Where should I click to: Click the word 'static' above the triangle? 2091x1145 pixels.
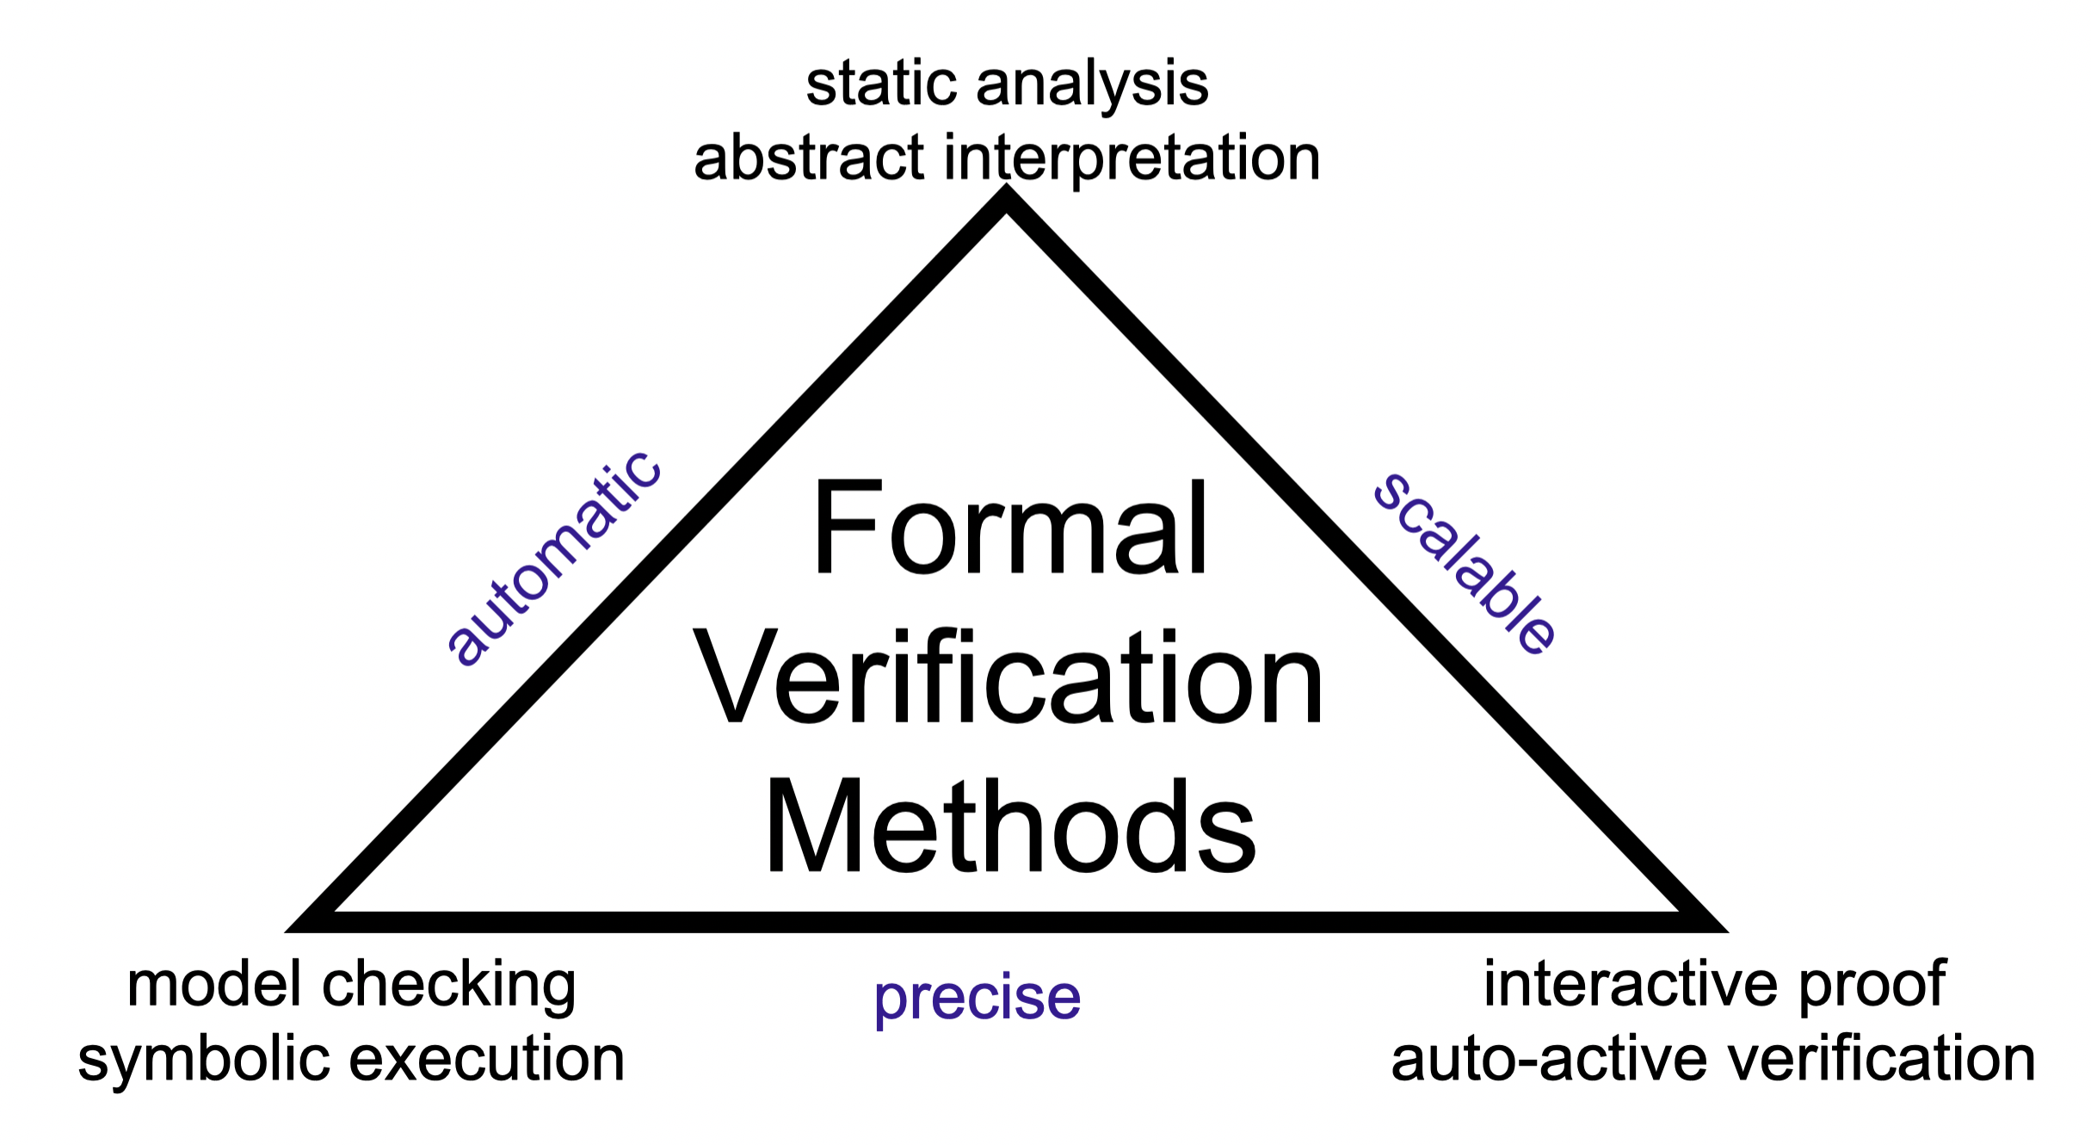point(882,84)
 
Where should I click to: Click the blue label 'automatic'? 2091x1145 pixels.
point(554,559)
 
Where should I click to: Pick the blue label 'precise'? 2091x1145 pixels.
point(977,999)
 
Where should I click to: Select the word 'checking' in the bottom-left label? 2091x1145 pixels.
point(448,986)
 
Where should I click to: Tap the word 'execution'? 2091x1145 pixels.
point(487,1058)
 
